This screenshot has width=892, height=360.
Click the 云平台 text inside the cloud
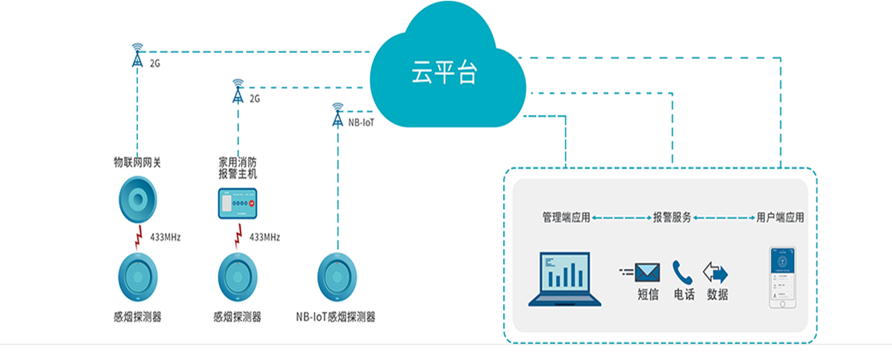click(444, 74)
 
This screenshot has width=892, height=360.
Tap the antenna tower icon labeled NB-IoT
click(338, 116)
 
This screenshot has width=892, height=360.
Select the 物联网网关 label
click(138, 162)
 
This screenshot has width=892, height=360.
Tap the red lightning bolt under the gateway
click(138, 238)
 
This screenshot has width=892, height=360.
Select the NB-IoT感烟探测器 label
click(335, 316)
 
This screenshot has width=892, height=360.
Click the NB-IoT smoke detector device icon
click(337, 275)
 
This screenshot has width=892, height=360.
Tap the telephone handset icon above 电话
click(682, 273)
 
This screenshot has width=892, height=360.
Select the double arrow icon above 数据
click(716, 273)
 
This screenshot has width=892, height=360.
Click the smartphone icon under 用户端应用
click(783, 277)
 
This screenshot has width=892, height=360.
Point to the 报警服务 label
click(672, 218)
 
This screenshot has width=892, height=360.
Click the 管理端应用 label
click(566, 218)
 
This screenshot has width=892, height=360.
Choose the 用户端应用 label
click(780, 218)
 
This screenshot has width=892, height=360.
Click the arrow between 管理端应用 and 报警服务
click(621, 218)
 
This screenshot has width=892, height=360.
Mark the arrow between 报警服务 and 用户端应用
click(724, 218)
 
